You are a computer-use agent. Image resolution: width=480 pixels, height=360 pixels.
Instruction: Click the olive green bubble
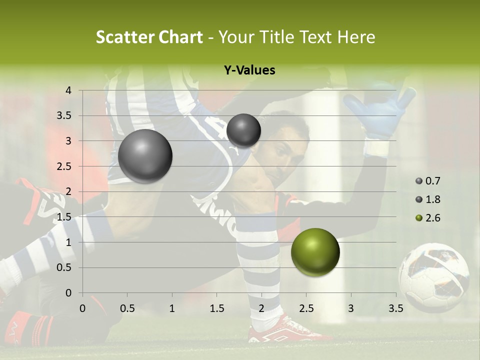click(x=315, y=252)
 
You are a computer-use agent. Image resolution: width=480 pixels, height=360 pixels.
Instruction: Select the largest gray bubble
click(x=145, y=156)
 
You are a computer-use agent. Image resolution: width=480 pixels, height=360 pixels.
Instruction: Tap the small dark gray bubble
click(x=243, y=130)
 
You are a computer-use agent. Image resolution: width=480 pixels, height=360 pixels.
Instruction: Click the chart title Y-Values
click(x=249, y=70)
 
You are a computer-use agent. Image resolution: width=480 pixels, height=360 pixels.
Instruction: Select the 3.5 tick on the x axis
click(x=396, y=308)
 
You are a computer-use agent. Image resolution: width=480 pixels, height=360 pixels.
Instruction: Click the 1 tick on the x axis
click(x=172, y=308)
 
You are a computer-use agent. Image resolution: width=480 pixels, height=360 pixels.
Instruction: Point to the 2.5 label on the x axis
click(x=306, y=308)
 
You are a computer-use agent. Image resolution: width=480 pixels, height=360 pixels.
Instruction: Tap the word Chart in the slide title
click(x=180, y=37)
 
